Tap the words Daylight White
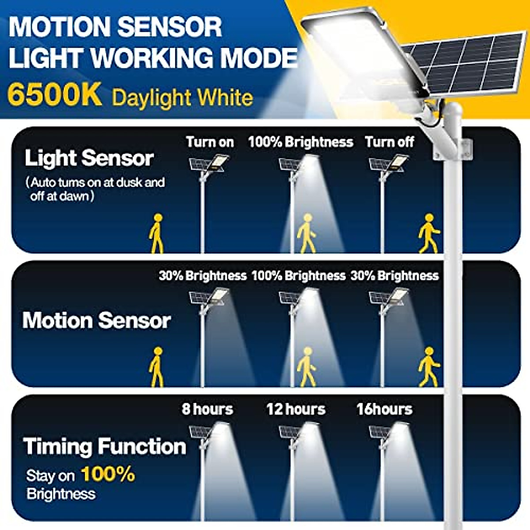[x=182, y=98]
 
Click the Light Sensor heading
[x=89, y=158]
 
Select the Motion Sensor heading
[x=96, y=320]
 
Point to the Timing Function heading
[x=105, y=446]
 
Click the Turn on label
[x=210, y=142]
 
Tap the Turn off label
[x=389, y=142]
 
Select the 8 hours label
[x=207, y=409]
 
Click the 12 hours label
[x=295, y=409]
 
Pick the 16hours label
[x=384, y=409]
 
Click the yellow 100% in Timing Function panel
[x=108, y=474]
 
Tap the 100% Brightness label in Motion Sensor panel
[x=298, y=276]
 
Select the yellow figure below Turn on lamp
[x=156, y=234]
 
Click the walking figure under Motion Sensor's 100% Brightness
[x=306, y=367]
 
